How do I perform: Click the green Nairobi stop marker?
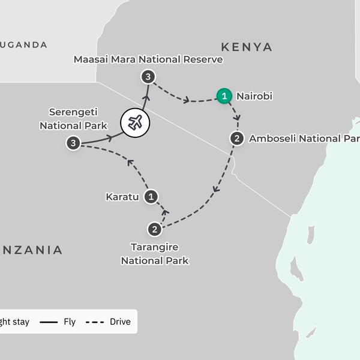pos(224,95)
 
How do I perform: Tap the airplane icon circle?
pos(135,122)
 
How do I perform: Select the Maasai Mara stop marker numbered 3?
pos(148,76)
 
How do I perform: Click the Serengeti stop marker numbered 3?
pos(73,143)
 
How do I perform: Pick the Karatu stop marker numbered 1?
pos(151,196)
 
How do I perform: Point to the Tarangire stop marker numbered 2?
pos(154,229)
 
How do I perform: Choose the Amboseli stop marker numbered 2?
pos(237,139)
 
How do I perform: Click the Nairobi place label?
pos(254,95)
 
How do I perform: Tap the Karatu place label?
pos(122,196)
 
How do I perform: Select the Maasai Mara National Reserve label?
pos(148,59)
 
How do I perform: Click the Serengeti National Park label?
pos(73,119)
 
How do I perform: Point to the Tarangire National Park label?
pos(155,254)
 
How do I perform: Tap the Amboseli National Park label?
pos(304,139)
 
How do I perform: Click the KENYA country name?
pos(246,47)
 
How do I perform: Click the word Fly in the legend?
pos(70,322)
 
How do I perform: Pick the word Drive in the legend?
pos(120,322)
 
